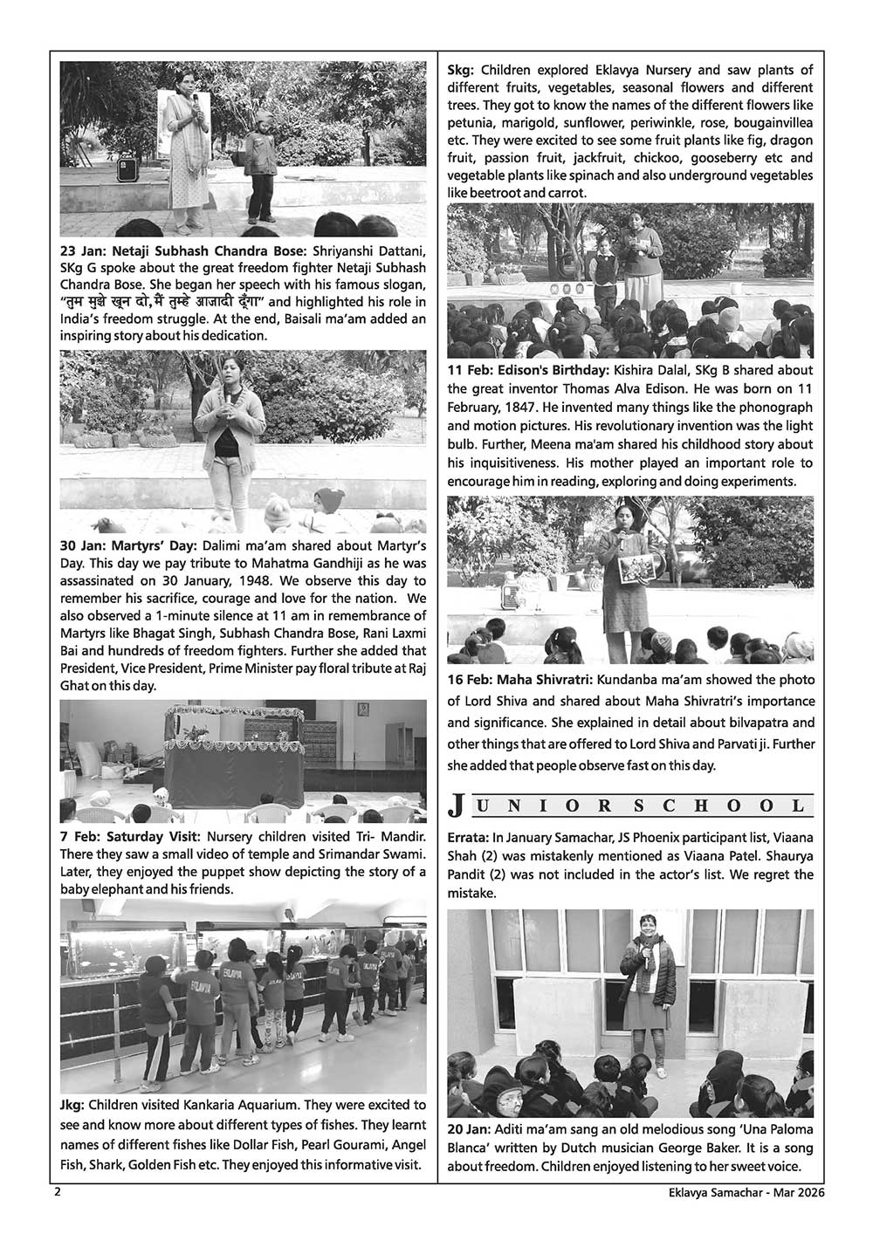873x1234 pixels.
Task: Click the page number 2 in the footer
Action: click(x=57, y=1191)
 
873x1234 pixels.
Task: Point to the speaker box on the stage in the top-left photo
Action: click(x=127, y=169)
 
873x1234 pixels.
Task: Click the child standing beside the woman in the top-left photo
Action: click(x=259, y=170)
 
